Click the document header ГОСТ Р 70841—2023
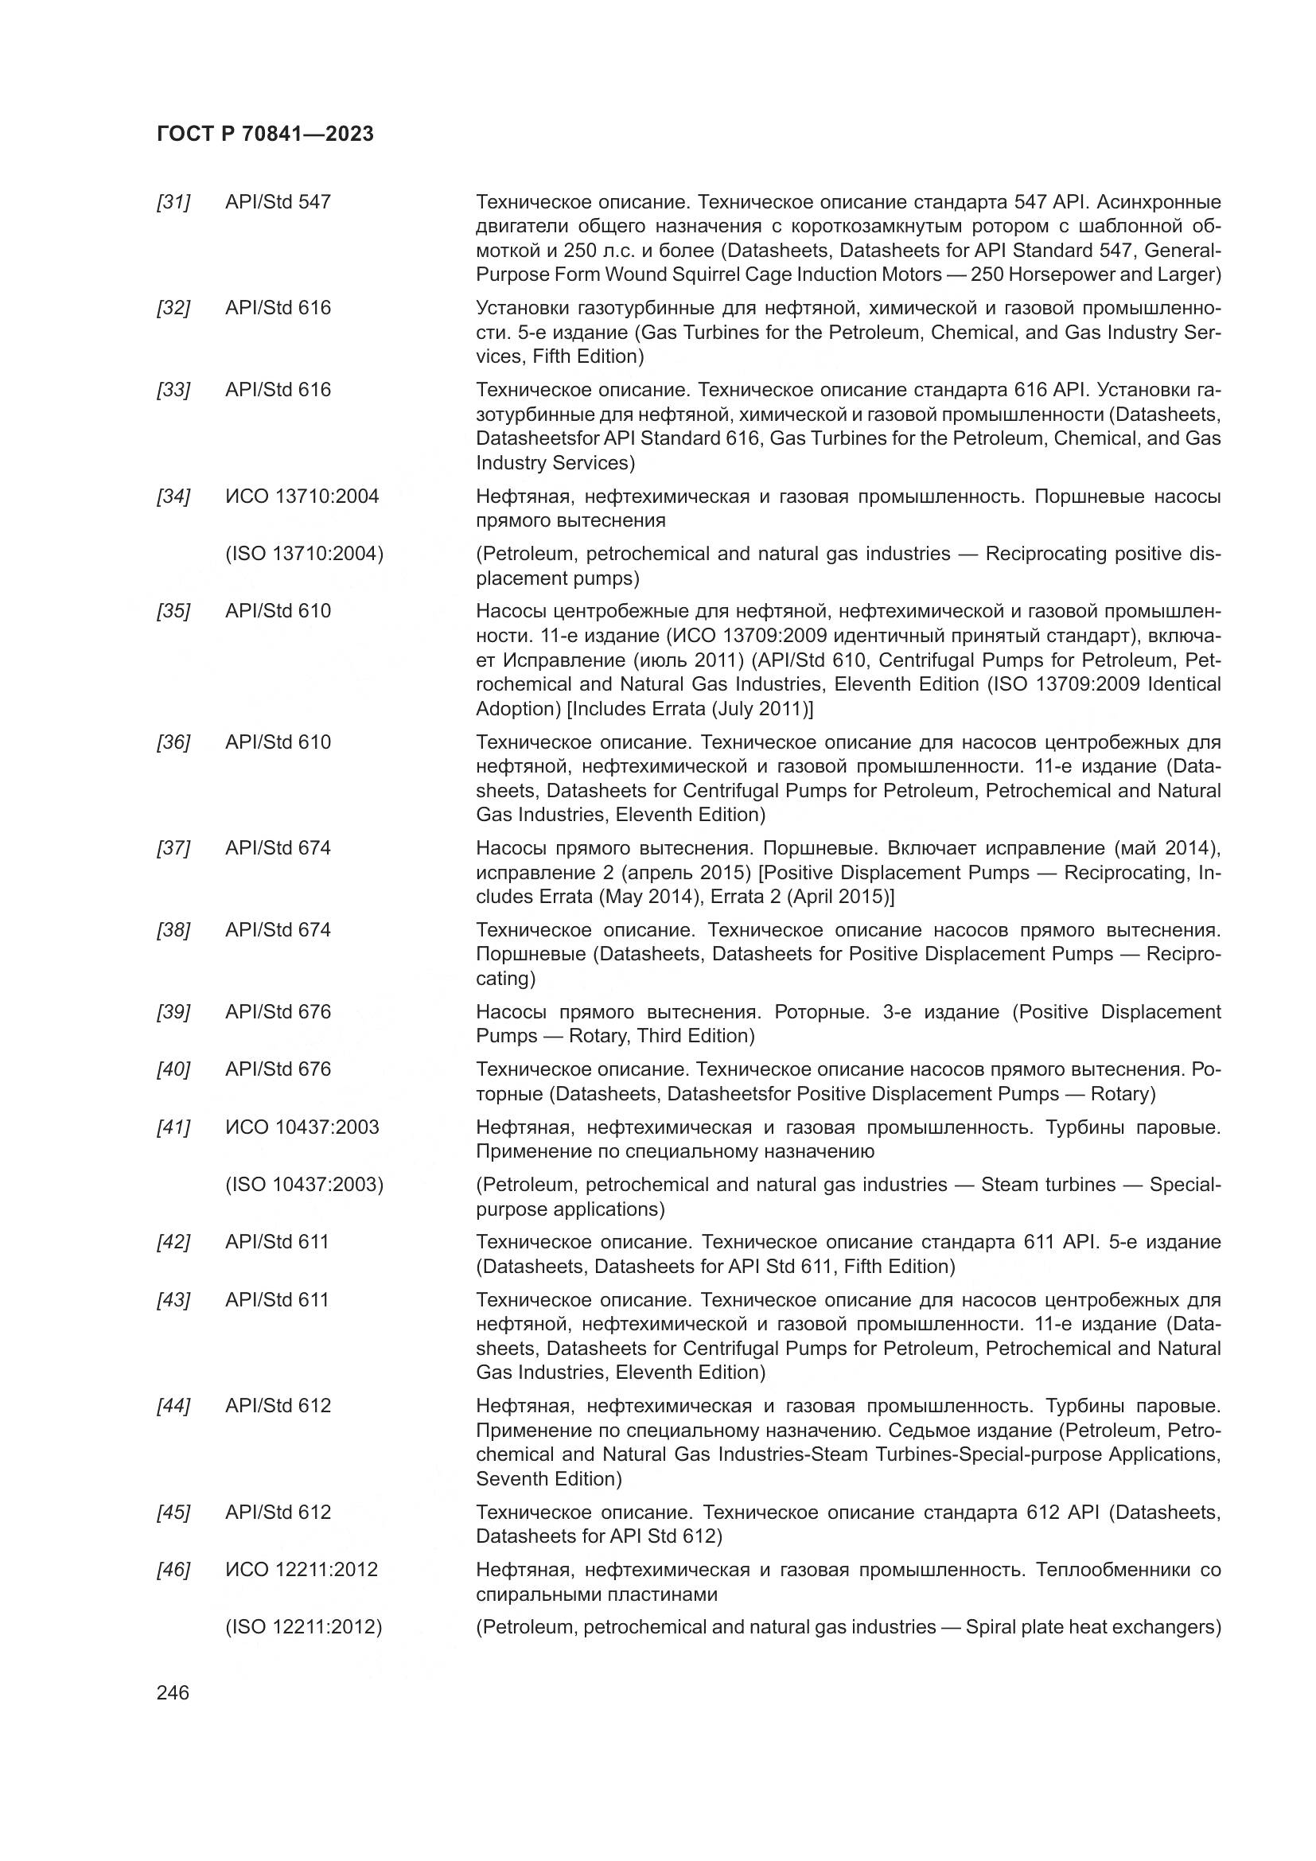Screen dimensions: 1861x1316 coord(265,134)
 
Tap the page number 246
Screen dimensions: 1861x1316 coord(173,1693)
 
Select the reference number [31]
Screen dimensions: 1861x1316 coord(173,202)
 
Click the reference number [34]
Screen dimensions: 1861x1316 coord(173,496)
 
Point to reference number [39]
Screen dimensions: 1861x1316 coord(173,1011)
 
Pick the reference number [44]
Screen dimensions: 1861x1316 coord(173,1405)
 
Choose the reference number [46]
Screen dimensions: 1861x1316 coord(173,1569)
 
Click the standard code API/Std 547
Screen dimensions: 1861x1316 coord(278,202)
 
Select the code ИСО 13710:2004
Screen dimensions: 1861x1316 coord(302,496)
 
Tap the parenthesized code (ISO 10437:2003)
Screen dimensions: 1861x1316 coord(304,1184)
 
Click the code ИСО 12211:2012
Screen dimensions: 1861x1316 coord(302,1569)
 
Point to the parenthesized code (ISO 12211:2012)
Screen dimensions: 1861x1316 coord(303,1627)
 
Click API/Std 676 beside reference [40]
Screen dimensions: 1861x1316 coord(278,1069)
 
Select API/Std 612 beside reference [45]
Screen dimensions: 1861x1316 coord(278,1512)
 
